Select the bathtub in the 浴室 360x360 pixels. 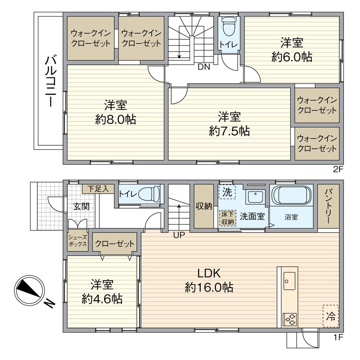pos(291,195)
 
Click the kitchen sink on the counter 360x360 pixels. pos(289,281)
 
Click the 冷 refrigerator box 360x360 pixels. pos(331,316)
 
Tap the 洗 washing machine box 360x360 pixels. pos(227,192)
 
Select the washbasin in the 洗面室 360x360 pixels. pos(255,197)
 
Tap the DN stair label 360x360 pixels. pos(204,67)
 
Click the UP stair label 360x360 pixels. pos(179,235)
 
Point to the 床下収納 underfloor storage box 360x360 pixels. pos(228,218)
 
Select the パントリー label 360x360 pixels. pos(328,206)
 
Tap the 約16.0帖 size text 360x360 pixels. pos(209,287)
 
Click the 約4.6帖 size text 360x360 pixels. pos(102,299)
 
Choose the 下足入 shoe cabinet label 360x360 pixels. pos(98,189)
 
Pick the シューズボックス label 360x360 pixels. pos(78,241)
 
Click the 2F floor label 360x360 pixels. pos(338,169)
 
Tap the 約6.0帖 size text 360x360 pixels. pos(292,57)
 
